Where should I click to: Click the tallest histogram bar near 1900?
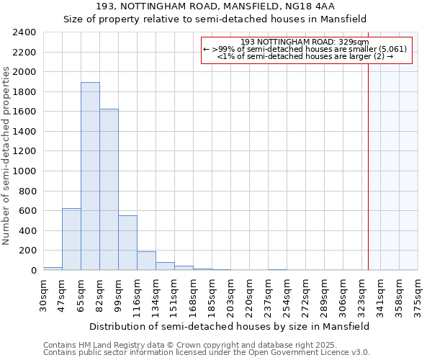pos(90,176)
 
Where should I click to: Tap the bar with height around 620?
pos(71,239)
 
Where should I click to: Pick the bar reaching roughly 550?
pos(127,243)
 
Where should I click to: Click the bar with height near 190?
pos(146,261)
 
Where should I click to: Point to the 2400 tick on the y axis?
pos(24,32)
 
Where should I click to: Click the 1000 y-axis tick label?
pos(24,171)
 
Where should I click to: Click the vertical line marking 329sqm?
pos(368,166)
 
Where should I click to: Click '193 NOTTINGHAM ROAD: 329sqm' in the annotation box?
pos(305,42)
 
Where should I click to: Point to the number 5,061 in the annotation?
pos(393,49)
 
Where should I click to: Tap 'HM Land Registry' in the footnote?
pos(109,345)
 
